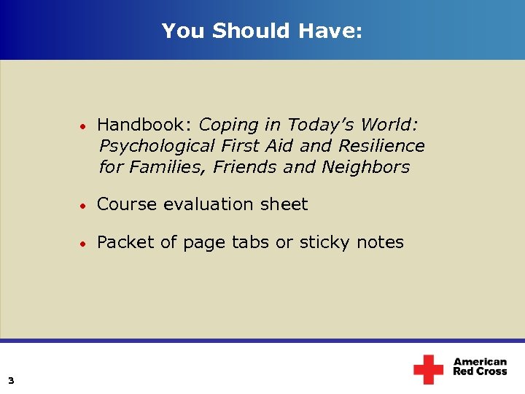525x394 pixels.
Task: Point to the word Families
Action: point(167,167)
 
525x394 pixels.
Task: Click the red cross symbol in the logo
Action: point(428,369)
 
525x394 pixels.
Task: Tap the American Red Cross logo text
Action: point(480,366)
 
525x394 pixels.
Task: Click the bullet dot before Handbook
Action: point(85,125)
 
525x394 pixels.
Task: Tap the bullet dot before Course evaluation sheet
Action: point(85,205)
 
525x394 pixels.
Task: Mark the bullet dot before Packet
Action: point(85,243)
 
